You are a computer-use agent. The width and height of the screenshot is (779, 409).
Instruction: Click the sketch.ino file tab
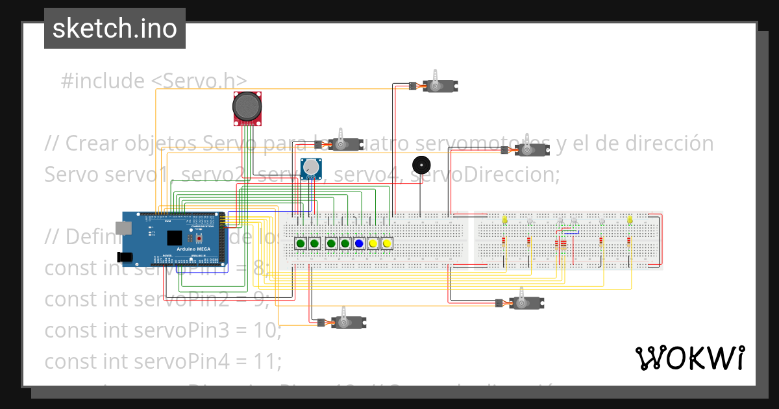click(114, 29)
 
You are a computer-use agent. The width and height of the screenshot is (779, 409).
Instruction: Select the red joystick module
click(249, 107)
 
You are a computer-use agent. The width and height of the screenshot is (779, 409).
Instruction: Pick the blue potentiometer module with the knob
click(312, 168)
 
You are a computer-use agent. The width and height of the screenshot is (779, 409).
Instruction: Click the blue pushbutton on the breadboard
click(359, 243)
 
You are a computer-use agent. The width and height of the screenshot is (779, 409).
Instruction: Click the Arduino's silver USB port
click(122, 227)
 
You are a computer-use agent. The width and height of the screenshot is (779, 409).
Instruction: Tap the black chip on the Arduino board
click(174, 238)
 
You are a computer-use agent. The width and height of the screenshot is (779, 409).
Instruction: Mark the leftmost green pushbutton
click(301, 243)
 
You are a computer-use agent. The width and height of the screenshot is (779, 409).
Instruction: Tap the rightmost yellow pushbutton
click(387, 243)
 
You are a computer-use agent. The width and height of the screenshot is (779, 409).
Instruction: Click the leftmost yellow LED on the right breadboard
click(504, 221)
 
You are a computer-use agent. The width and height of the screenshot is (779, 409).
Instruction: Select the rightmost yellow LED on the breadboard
click(630, 221)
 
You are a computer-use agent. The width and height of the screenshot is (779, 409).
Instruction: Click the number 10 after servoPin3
click(267, 330)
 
